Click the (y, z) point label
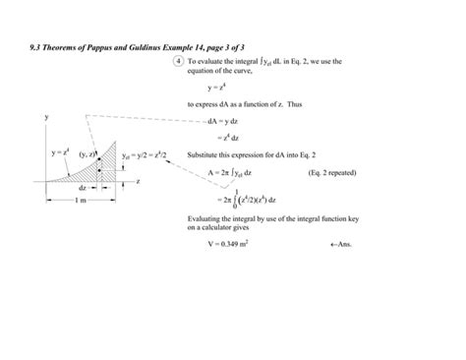pyautogui.click(x=86, y=155)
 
